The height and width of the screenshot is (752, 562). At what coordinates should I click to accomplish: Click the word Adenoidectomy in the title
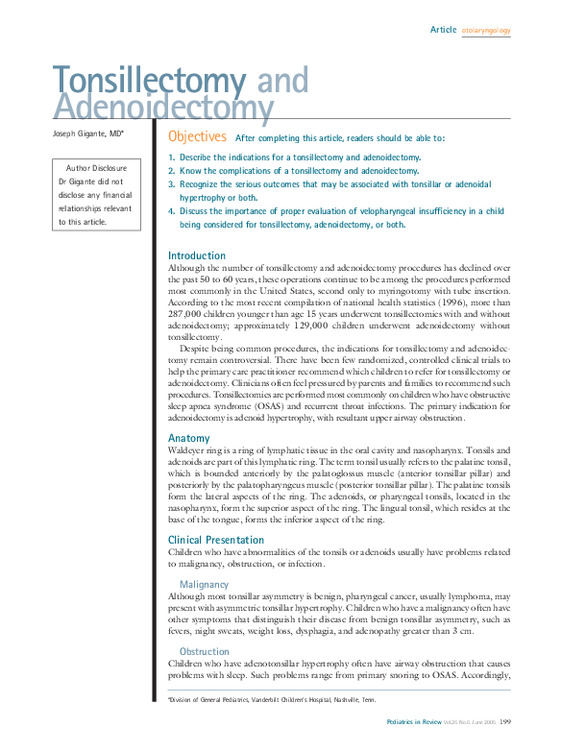coord(163,107)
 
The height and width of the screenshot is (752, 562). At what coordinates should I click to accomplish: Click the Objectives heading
coord(197,137)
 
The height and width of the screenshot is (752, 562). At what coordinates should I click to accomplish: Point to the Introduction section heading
coord(197,255)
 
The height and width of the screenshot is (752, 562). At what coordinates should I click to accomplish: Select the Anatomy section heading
coord(188,438)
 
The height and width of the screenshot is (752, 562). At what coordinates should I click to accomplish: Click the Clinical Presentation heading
coord(216,540)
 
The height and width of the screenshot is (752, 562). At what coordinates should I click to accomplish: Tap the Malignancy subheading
coord(204,584)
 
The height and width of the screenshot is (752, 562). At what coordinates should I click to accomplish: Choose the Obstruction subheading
coord(205,651)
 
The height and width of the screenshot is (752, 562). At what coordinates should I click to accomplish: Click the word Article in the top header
coord(443,30)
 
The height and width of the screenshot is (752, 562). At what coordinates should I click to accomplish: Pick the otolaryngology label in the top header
coord(486,31)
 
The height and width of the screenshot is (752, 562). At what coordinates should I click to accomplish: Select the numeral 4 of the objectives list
coord(171,211)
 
